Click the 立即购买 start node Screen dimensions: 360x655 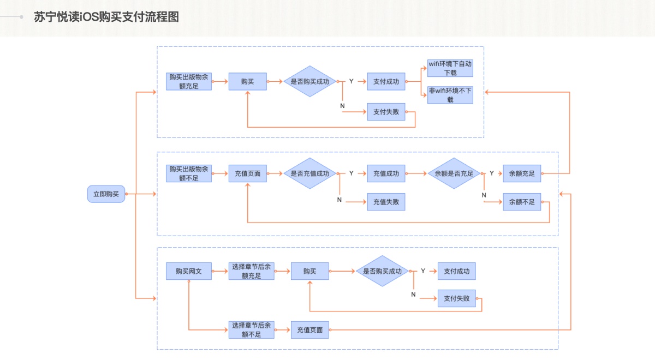click(x=106, y=194)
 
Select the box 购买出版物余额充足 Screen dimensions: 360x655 click(x=188, y=81)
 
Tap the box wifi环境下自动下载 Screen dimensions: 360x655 click(x=450, y=68)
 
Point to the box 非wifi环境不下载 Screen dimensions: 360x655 click(x=450, y=95)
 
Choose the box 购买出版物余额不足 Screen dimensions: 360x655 click(x=188, y=173)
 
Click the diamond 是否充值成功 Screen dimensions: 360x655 click(x=309, y=173)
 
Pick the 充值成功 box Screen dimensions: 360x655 click(x=386, y=173)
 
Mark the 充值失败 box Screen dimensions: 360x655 click(x=386, y=202)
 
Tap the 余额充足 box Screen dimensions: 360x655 click(x=522, y=173)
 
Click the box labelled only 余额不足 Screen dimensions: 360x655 click(x=522, y=202)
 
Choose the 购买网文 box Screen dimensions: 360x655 click(x=188, y=271)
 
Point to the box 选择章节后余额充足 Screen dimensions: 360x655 click(x=251, y=271)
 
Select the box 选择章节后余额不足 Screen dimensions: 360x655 click(x=251, y=329)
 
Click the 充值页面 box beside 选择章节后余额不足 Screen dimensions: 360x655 click(x=309, y=329)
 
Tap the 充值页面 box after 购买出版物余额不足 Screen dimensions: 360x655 click(x=247, y=173)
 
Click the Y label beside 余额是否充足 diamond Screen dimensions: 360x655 click(x=492, y=173)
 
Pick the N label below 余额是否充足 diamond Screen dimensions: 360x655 click(x=484, y=195)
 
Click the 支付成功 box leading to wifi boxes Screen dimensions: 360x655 click(x=386, y=81)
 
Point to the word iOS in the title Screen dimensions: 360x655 click(x=89, y=17)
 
